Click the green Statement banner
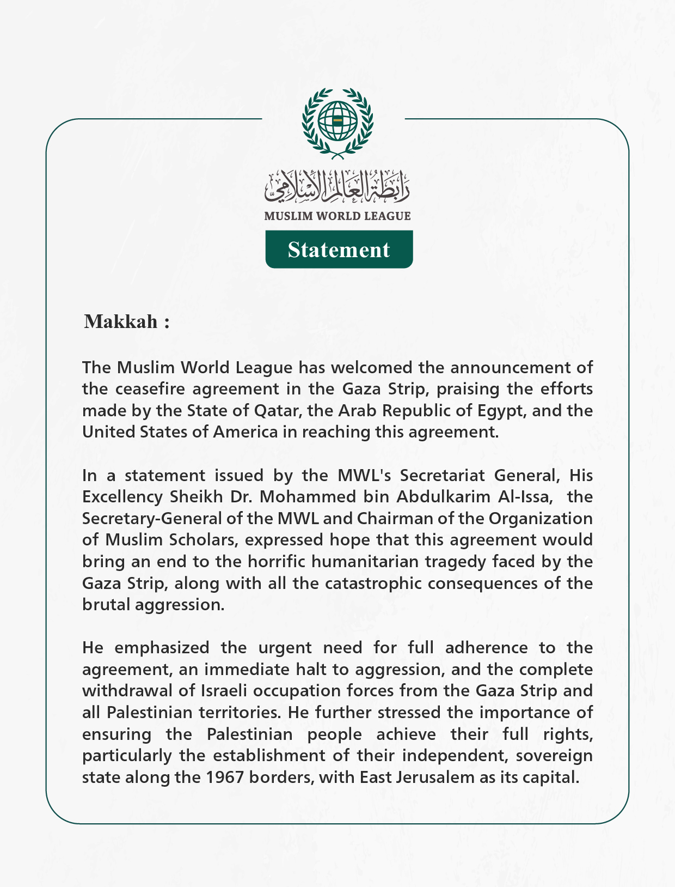tap(339, 250)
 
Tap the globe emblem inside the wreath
tap(337, 120)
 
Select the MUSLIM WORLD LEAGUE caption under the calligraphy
tap(337, 216)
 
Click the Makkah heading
tap(126, 321)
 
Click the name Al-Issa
tap(526, 497)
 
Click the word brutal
tap(106, 605)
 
